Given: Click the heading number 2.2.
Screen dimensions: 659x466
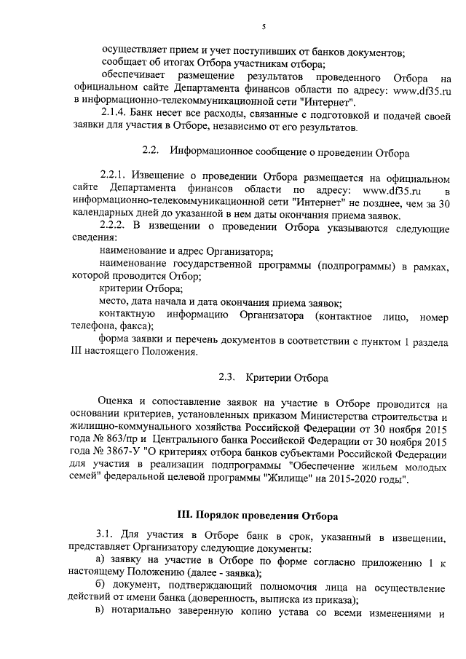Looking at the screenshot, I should pos(150,153).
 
